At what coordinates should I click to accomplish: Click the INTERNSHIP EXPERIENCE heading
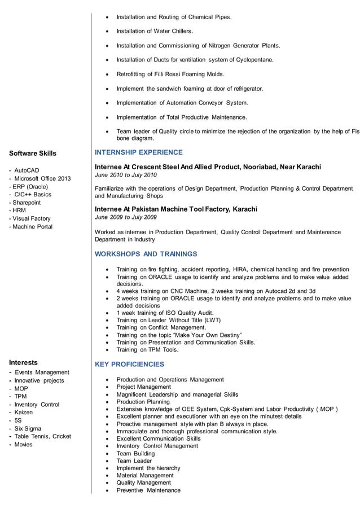click(139, 152)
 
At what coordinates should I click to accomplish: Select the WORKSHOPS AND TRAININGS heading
click(146, 254)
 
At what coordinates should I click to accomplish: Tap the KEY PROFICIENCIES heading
click(130, 365)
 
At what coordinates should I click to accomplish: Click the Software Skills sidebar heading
click(33, 153)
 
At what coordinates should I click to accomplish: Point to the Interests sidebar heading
click(23, 362)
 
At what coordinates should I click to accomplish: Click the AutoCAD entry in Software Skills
click(27, 170)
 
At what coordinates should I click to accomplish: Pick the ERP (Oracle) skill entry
click(31, 186)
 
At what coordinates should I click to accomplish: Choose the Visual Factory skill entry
click(32, 218)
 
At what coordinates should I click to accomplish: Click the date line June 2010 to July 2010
click(126, 175)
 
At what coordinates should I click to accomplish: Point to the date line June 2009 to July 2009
click(126, 217)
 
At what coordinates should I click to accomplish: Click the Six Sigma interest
click(28, 428)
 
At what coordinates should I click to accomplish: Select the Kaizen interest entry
click(24, 413)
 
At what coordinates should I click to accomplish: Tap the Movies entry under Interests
click(24, 445)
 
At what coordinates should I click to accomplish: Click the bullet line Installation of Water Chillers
click(155, 31)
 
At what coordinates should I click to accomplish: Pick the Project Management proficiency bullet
click(143, 387)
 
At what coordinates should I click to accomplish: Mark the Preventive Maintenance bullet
click(148, 490)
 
